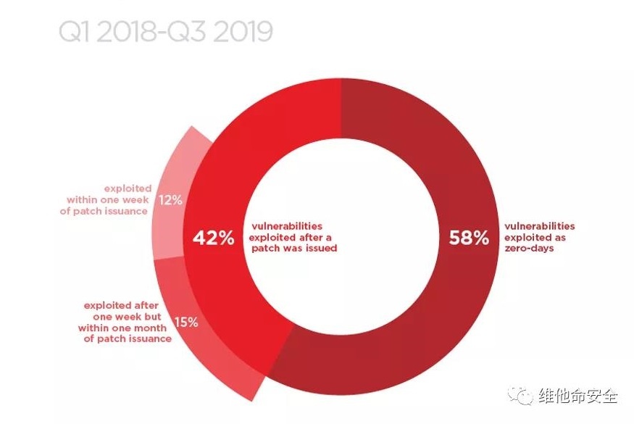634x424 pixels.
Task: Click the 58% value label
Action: click(469, 238)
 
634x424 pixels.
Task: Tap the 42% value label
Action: click(213, 238)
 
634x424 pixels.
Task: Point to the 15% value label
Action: click(185, 323)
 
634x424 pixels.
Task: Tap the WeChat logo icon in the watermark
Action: click(521, 396)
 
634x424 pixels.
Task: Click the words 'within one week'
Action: click(108, 199)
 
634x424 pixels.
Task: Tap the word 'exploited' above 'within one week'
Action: click(128, 188)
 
